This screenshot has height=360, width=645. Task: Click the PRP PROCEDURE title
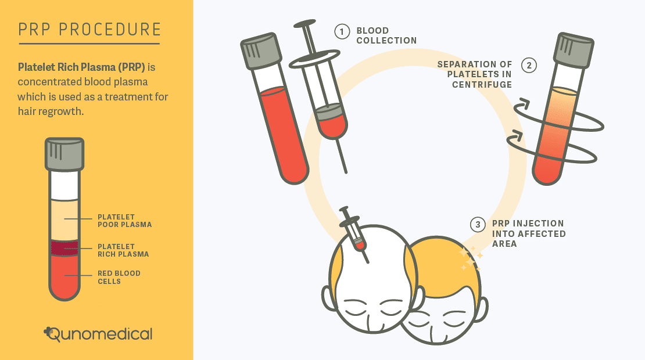point(89,30)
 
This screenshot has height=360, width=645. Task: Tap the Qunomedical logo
point(98,334)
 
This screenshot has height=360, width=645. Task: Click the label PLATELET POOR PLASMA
point(124,221)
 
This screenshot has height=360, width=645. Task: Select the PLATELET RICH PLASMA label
point(123,250)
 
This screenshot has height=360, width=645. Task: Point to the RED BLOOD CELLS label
point(119,278)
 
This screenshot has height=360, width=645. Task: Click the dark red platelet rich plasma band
point(64,248)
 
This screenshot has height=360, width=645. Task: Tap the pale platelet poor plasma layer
point(64,220)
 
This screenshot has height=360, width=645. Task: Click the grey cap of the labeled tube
point(64,154)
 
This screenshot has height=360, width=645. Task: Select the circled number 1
point(342,31)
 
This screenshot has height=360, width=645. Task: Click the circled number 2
point(529,66)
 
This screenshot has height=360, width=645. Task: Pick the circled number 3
point(478,224)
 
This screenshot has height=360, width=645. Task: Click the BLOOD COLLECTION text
point(386,35)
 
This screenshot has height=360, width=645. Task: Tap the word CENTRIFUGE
point(482,85)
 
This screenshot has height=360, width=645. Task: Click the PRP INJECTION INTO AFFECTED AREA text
point(529,233)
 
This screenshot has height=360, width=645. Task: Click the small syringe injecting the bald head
point(354,235)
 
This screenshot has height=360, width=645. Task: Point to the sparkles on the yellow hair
point(471,259)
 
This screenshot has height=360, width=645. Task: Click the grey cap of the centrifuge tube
point(574,50)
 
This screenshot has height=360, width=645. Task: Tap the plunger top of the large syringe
point(305,23)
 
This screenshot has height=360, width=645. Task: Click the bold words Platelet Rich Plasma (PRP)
point(81,67)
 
